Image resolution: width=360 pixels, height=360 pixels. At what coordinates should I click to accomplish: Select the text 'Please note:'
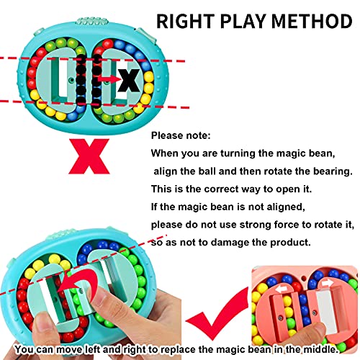[x=181, y=135]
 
